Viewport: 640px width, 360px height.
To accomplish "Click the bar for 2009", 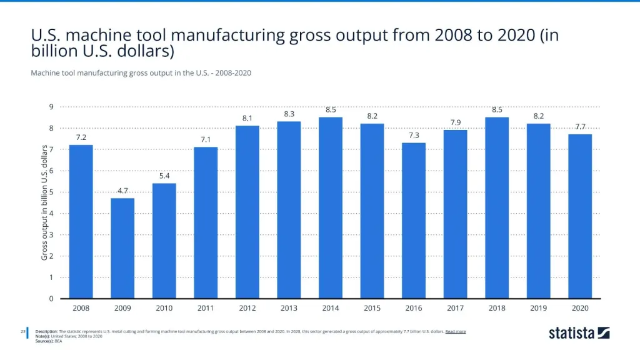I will click(x=122, y=248).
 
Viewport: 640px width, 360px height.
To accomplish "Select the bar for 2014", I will click(x=331, y=207).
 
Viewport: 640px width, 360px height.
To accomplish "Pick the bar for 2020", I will click(x=580, y=216).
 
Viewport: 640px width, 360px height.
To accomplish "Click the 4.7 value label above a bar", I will click(x=122, y=191).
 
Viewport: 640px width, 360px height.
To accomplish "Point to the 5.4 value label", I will click(x=164, y=176).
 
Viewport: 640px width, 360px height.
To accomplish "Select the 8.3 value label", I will click(x=289, y=114).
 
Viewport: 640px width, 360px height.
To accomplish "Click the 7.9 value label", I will click(x=456, y=122).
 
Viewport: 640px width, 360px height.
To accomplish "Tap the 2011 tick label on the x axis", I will click(x=206, y=308).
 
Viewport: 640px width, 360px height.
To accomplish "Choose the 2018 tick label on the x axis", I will click(x=497, y=308).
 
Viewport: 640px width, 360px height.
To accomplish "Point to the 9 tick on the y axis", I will click(x=51, y=107).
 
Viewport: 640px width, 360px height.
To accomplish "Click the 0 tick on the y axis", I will click(x=51, y=299).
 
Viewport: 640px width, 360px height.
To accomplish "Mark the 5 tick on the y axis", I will click(x=51, y=192).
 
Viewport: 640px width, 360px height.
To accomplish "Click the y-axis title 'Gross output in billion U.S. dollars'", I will click(x=44, y=202).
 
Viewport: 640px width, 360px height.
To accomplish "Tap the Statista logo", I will click(x=579, y=332).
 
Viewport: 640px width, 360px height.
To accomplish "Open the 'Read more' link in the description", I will click(x=455, y=331).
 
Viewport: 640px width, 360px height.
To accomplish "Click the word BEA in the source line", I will click(x=58, y=341).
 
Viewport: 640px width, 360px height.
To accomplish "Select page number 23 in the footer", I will click(x=22, y=331).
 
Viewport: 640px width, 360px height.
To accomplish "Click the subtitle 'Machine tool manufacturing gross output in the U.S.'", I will click(x=141, y=73).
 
